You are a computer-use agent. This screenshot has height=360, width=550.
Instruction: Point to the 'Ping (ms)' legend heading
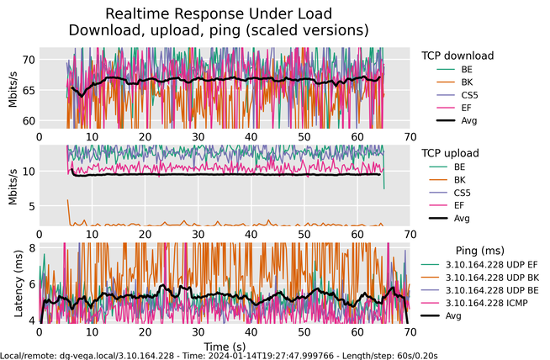coord(479,251)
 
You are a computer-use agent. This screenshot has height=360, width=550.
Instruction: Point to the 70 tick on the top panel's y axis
coord(28,60)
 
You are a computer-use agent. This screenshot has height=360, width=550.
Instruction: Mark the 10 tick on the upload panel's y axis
coord(28,172)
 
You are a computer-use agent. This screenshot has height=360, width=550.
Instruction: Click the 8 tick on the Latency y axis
coord(31,248)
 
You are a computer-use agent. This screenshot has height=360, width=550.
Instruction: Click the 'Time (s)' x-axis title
coord(225,346)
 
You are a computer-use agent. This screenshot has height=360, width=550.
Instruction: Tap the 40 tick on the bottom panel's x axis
coord(251,332)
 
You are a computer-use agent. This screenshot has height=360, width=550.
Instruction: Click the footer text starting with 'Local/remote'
coord(219,356)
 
